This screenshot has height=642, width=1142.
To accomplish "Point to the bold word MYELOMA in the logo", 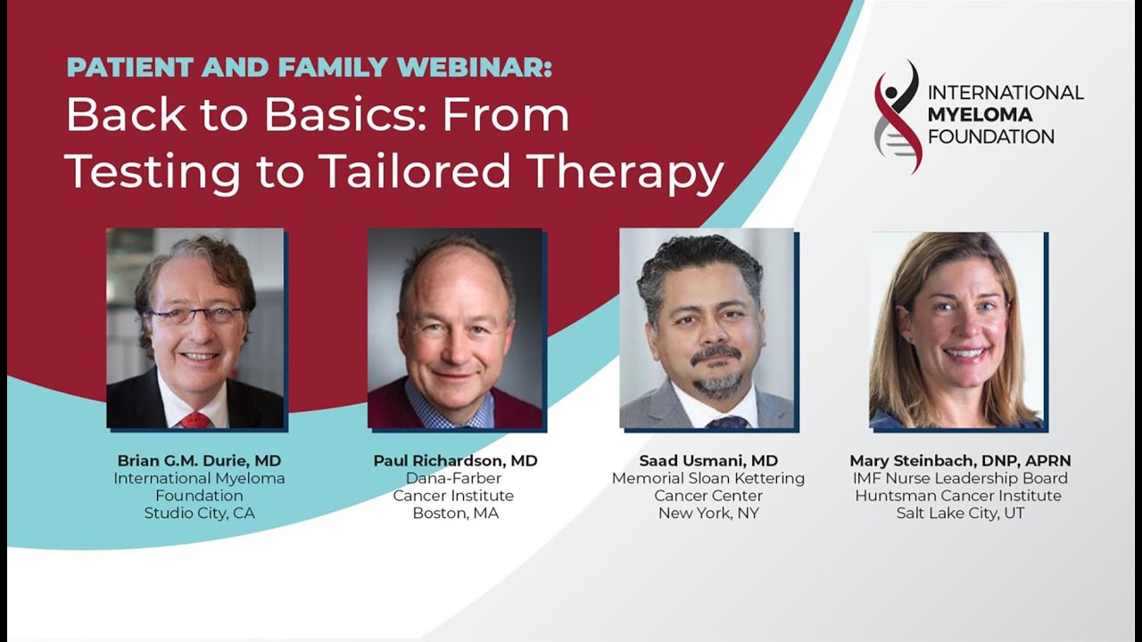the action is [x=980, y=115].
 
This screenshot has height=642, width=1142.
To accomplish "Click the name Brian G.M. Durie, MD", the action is [x=199, y=461].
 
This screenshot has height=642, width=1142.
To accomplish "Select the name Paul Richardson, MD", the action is [x=455, y=461].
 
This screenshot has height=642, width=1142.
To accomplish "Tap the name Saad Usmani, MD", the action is [x=708, y=461].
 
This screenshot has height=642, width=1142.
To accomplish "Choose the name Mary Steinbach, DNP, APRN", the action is [x=960, y=461].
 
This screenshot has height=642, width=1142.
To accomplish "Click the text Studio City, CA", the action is [x=199, y=513].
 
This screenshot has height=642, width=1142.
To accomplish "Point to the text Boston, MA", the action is [x=455, y=513].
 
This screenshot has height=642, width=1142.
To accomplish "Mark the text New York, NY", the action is [x=708, y=513].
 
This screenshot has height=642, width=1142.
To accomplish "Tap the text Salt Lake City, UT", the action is [x=960, y=513].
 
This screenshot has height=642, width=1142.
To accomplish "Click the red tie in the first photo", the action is [x=194, y=420].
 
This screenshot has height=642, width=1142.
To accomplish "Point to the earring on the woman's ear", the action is [x=908, y=338].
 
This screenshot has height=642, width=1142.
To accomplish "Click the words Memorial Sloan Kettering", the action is [x=708, y=479].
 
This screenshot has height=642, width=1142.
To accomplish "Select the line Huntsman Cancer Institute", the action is [x=958, y=496].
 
